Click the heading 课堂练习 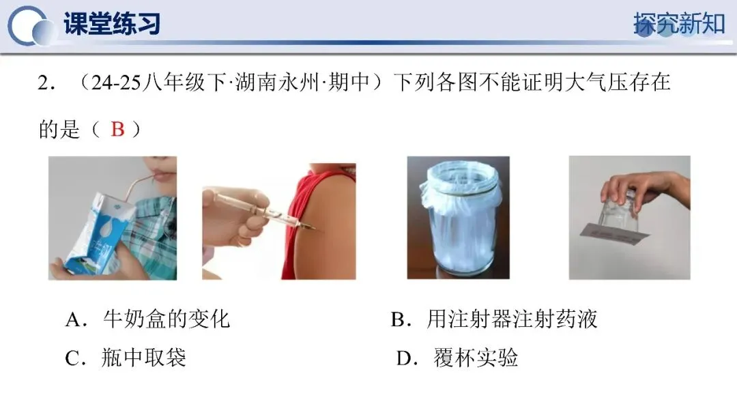(112, 23)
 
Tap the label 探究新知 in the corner (679, 23)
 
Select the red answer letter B (117, 129)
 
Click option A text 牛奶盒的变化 (167, 319)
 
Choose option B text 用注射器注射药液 (512, 319)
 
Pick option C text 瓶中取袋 (144, 358)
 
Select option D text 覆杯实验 (476, 358)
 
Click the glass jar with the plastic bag (459, 216)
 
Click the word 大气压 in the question (596, 83)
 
